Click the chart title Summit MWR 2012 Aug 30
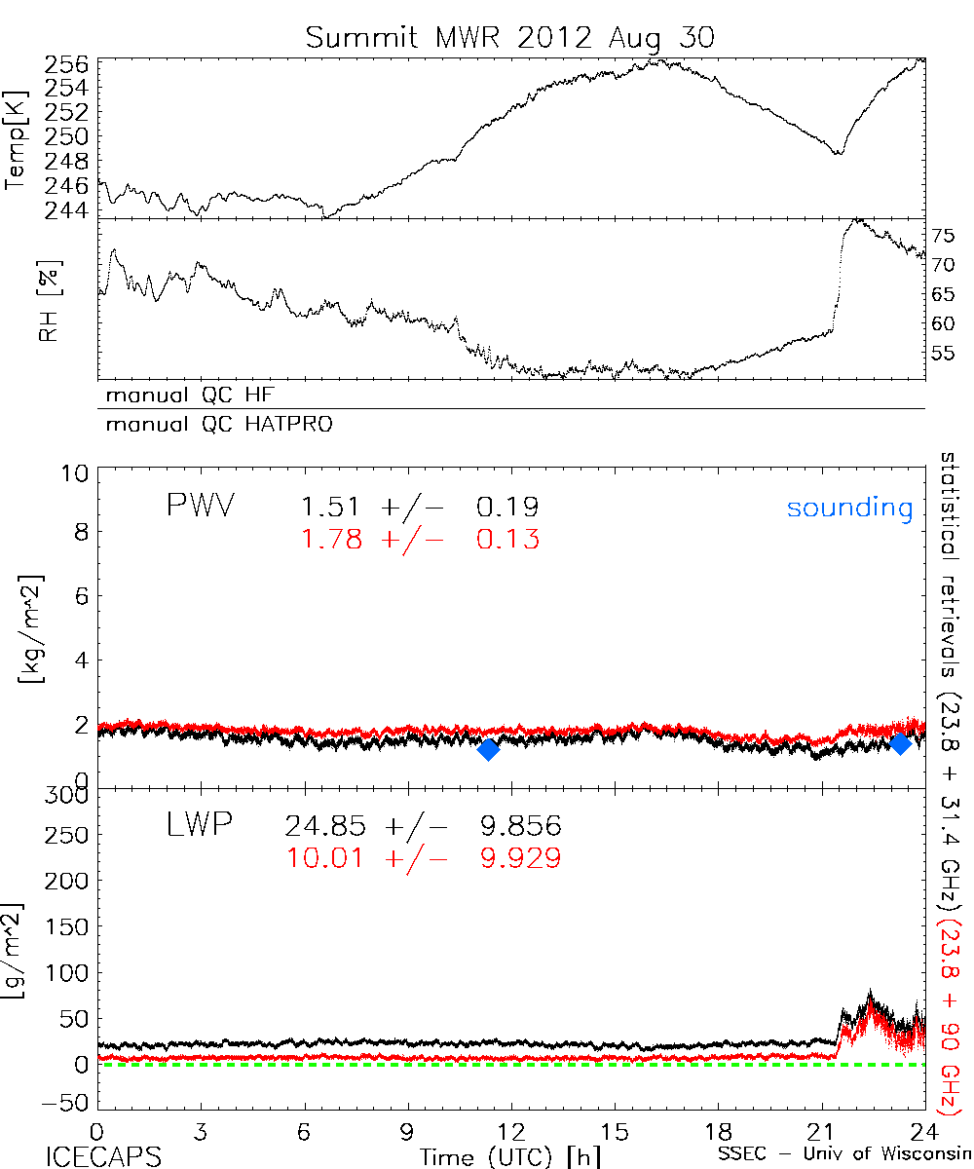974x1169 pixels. click(509, 37)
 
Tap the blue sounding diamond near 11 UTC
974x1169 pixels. click(489, 748)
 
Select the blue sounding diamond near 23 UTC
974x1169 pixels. click(900, 743)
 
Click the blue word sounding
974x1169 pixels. click(849, 508)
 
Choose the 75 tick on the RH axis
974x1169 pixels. click(943, 235)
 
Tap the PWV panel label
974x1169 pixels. click(200, 507)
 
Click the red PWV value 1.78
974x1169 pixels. click(331, 539)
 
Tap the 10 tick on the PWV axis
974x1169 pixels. click(78, 472)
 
